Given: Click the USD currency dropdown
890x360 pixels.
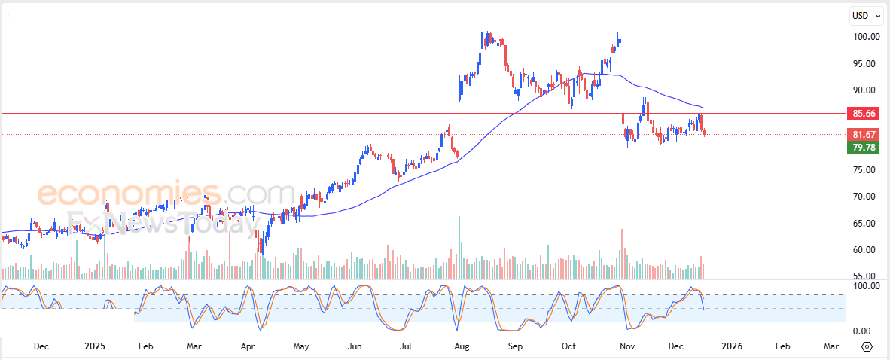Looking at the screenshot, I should click(x=864, y=15).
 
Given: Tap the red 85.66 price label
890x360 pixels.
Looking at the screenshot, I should click(x=863, y=114).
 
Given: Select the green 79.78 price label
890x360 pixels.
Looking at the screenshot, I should click(x=863, y=148).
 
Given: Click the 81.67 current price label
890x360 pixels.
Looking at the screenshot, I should click(x=863, y=135).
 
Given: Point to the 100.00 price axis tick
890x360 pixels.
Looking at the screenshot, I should click(x=867, y=37).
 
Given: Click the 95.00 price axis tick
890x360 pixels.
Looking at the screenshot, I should click(x=867, y=64).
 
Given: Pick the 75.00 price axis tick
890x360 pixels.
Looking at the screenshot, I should click(x=867, y=170).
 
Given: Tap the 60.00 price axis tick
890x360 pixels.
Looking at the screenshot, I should click(x=867, y=250).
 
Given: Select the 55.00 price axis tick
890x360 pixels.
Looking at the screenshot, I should click(x=867, y=276).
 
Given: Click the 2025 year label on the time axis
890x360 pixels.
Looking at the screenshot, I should click(x=94, y=346).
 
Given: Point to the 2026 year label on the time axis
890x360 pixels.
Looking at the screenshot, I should click(x=732, y=346).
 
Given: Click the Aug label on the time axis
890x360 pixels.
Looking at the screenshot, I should click(x=462, y=346).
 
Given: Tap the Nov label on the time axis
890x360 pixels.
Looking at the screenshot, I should click(x=626, y=346).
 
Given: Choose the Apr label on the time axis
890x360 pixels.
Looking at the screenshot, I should click(x=248, y=346).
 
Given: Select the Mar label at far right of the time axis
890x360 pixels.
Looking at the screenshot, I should click(x=831, y=346).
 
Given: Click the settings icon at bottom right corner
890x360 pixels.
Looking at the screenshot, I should click(x=867, y=346).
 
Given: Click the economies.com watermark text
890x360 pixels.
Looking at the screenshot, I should click(x=166, y=194).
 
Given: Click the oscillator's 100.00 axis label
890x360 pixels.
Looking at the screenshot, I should click(x=866, y=287).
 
